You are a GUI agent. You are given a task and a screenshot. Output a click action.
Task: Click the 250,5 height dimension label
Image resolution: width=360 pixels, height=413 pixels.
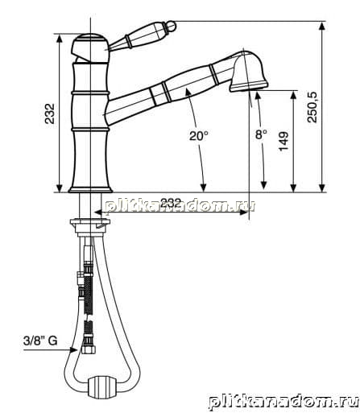[312, 107]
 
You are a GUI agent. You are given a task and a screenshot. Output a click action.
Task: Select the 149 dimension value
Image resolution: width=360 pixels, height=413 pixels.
[283, 141]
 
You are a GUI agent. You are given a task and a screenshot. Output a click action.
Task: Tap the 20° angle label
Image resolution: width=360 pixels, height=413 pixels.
[199, 135]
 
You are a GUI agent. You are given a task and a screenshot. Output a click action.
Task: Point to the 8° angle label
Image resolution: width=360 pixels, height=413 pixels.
[261, 134]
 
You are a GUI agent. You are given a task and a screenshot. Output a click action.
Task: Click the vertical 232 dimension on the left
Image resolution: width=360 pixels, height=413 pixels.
[49, 114]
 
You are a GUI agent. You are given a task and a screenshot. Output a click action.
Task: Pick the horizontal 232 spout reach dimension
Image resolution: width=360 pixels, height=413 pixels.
[171, 203]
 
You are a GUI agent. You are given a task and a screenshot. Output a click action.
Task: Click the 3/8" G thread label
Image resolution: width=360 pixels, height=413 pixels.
[40, 341]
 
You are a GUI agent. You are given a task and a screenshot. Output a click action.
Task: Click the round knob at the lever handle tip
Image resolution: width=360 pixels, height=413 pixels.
[172, 26]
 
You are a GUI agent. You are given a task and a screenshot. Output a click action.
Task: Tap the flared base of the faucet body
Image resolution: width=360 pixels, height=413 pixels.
[90, 189]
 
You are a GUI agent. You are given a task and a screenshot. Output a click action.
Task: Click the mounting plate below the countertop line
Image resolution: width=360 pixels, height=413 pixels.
[90, 222]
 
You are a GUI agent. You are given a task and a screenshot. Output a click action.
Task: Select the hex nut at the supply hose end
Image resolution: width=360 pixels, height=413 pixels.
[89, 349]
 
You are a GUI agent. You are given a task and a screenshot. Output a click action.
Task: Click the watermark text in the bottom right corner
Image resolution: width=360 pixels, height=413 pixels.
[284, 403]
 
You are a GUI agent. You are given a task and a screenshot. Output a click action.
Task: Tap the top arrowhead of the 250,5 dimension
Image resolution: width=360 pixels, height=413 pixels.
[322, 26]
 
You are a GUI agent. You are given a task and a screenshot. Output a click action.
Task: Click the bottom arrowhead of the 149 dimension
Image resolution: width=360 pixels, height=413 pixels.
[293, 188]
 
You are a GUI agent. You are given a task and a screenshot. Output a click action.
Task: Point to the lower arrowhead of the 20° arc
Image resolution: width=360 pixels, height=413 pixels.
[203, 188]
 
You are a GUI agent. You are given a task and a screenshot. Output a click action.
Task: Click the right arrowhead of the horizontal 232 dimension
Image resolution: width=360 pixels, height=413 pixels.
[244, 212]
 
